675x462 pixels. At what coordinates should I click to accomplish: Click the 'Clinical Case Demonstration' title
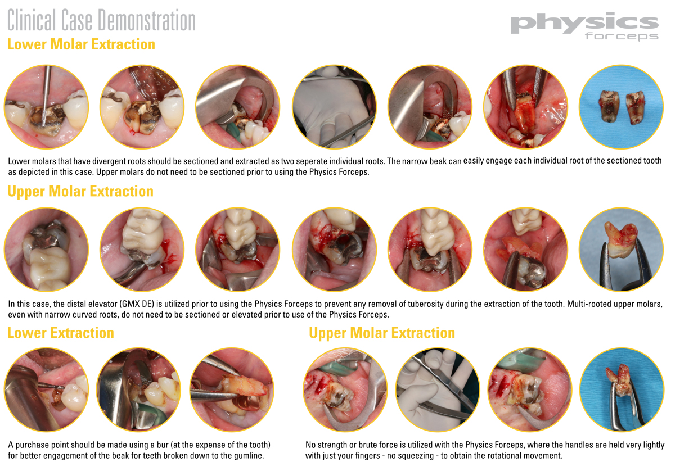[101, 20]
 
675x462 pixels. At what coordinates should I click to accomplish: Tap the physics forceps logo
[584, 26]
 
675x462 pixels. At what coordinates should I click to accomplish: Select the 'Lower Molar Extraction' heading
[81, 44]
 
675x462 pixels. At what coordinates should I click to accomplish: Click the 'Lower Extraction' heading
[61, 333]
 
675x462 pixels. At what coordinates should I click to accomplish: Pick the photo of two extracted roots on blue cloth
[621, 107]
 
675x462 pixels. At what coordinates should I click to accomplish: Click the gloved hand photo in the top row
[334, 107]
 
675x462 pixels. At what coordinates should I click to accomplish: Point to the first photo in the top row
[46, 107]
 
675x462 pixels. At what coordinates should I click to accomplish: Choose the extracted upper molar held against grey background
[621, 250]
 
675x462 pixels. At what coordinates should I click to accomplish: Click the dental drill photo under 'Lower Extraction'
[46, 389]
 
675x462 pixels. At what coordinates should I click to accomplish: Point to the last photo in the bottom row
[622, 389]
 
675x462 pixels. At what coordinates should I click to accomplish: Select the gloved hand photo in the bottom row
[438, 389]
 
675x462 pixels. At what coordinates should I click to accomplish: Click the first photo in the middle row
[46, 250]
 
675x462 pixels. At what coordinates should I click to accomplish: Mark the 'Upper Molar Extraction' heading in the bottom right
[382, 333]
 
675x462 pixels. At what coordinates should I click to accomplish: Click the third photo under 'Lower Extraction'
[232, 389]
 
